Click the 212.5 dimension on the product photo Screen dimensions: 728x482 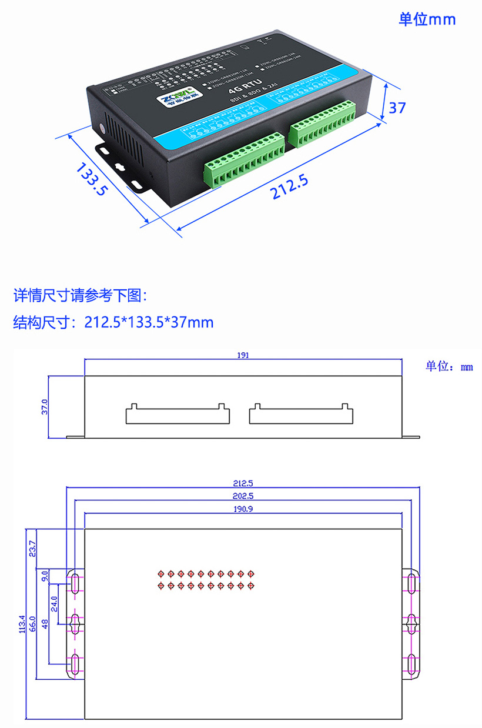[289, 188]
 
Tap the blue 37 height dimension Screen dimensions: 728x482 [398, 108]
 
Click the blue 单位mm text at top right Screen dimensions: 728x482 [427, 19]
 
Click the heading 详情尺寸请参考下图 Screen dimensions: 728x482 [76, 296]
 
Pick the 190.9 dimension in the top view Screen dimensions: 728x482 [243, 509]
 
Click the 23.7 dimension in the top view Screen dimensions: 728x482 [32, 549]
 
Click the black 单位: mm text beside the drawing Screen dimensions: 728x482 [449, 367]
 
